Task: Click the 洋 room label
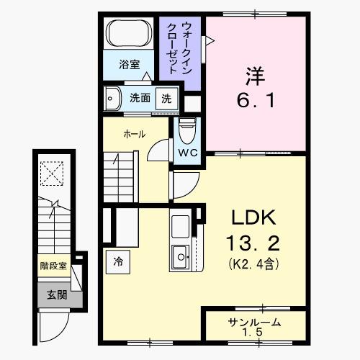[253, 74]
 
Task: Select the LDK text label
[253, 217]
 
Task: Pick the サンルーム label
[254, 322]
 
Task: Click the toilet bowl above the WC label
[186, 130]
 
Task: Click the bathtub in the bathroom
[130, 35]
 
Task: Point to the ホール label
[134, 135]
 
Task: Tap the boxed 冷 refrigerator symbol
[117, 261]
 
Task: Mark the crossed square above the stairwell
[52, 174]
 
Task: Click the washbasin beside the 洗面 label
[114, 98]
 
